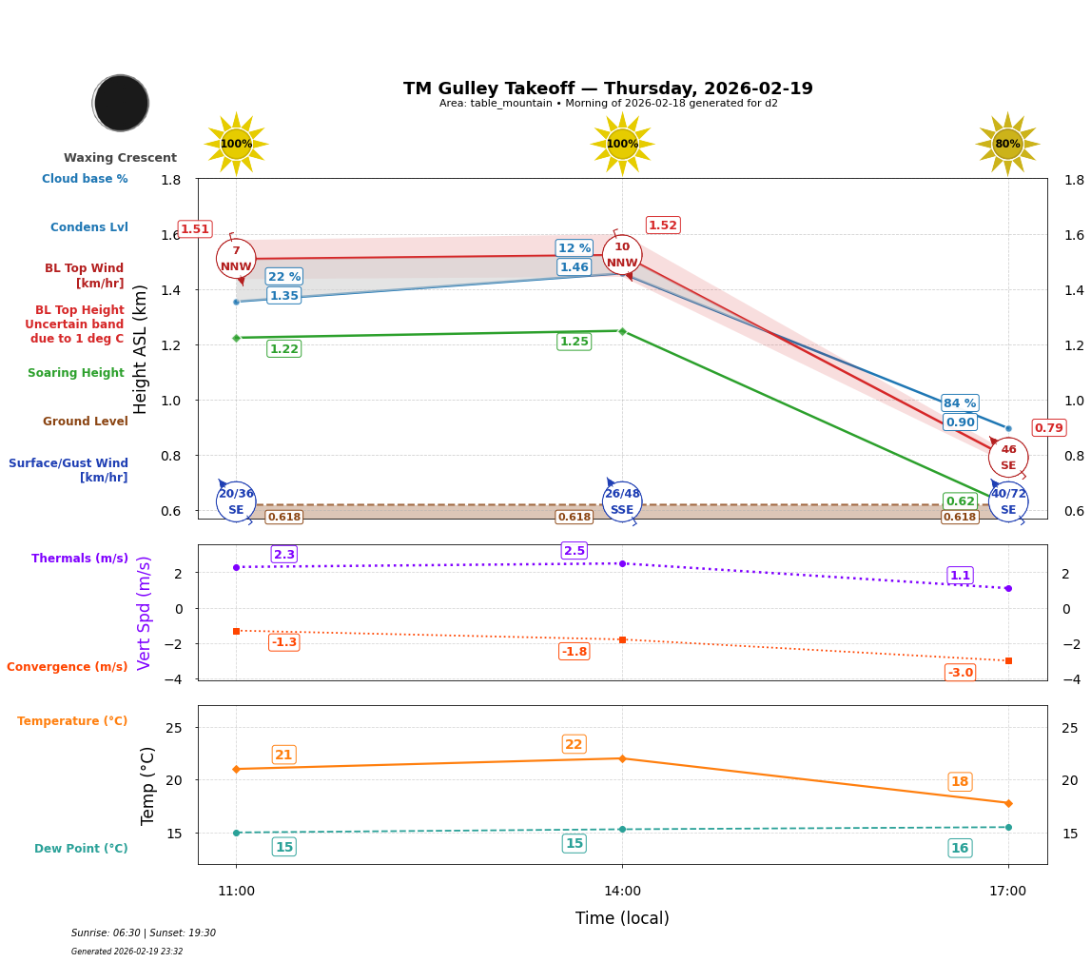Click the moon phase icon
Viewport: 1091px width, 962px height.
pos(121,103)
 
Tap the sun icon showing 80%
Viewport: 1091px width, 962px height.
pos(1007,145)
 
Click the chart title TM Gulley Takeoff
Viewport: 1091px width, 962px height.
pos(608,88)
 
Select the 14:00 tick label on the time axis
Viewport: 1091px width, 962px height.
pos(622,892)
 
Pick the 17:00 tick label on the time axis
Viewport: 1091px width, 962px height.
pos(1007,892)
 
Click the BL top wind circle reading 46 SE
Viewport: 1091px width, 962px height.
pos(1008,458)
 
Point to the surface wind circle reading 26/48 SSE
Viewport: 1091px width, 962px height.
pos(622,501)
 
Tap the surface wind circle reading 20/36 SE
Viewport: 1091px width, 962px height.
pos(236,501)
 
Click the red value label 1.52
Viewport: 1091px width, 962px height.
pos(662,226)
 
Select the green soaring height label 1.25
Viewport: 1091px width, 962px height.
pos(574,342)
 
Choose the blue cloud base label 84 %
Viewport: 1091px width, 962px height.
pos(960,403)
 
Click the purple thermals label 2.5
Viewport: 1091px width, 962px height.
pos(574,551)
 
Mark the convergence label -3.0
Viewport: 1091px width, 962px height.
pos(960,673)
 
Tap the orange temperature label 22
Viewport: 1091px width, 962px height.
pos(574,744)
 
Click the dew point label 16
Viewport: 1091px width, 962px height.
pos(960,848)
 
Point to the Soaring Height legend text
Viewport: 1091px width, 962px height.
pos(76,373)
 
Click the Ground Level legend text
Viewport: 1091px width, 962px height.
pos(85,422)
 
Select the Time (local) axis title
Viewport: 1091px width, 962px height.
pos(622,918)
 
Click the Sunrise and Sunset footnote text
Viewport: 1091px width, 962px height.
pos(144,933)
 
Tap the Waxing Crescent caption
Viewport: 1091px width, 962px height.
pos(120,158)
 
